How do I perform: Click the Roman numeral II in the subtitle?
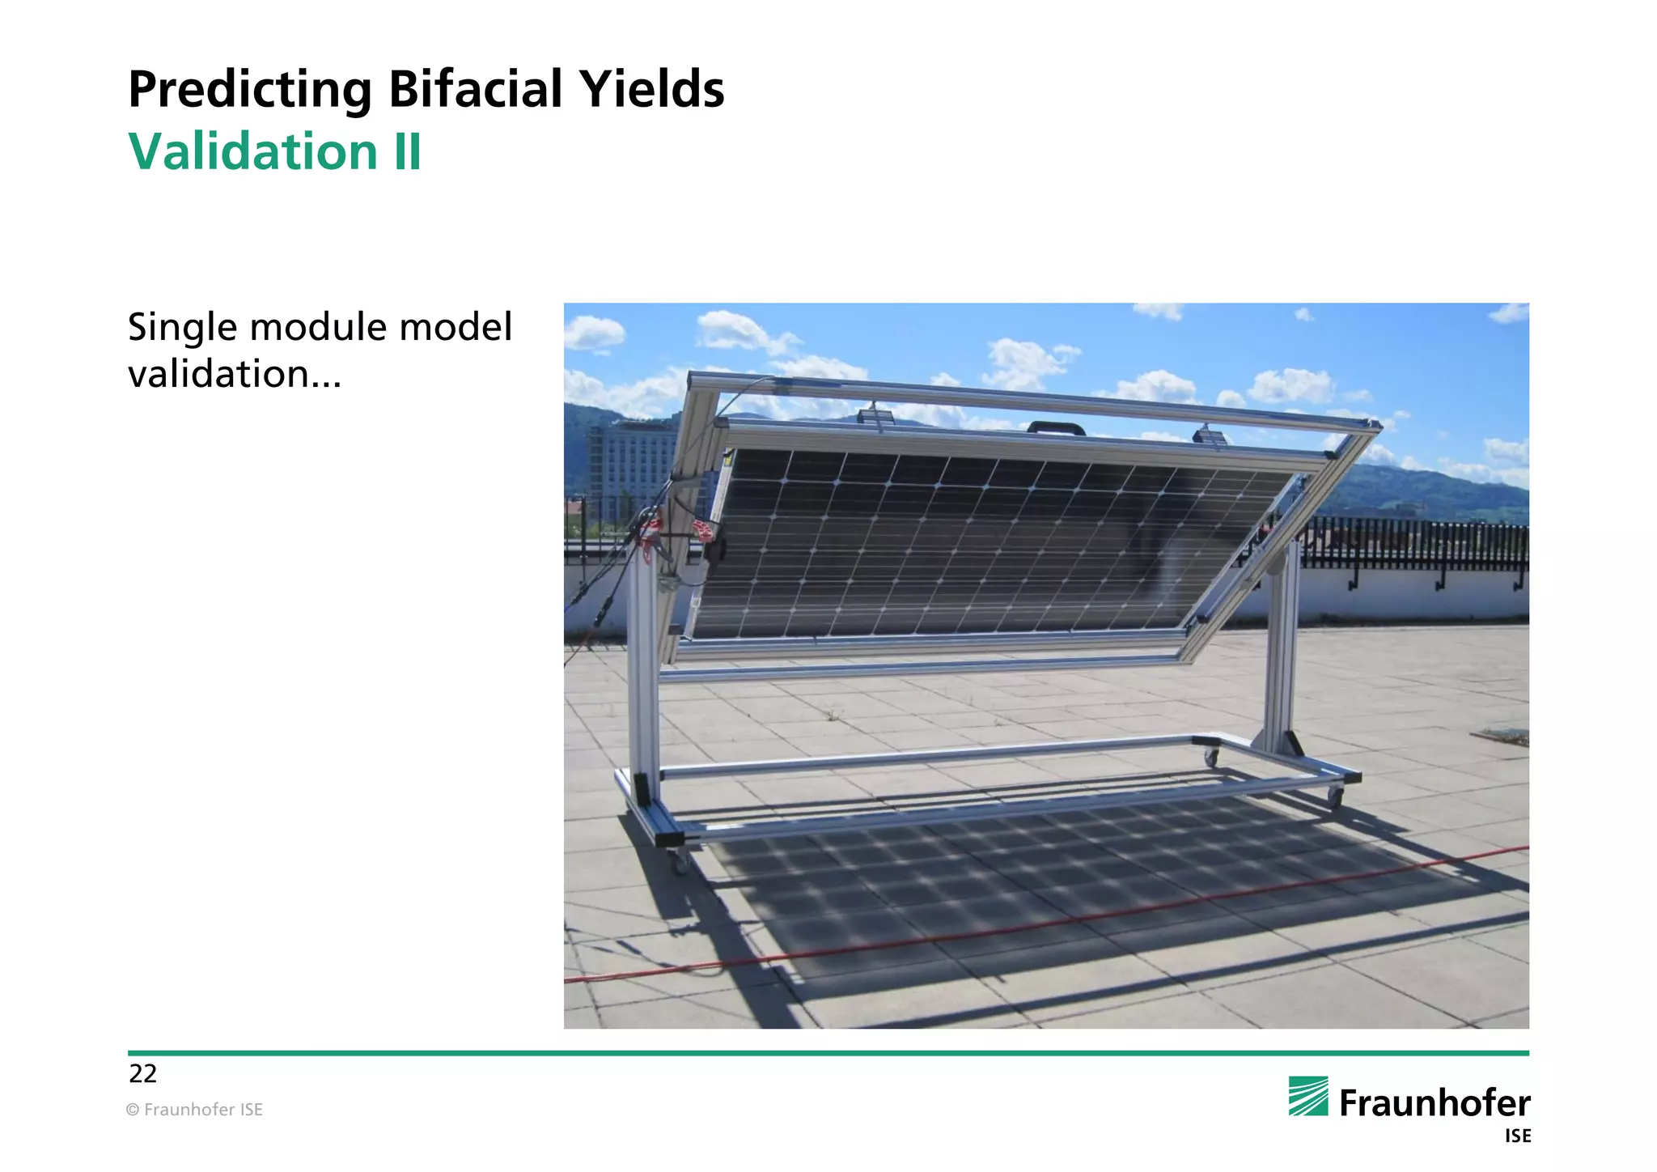pos(407,151)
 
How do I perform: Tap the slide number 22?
pos(142,1074)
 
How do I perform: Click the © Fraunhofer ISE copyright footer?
pos(194,1110)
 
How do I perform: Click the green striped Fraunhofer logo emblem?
pos(1308,1097)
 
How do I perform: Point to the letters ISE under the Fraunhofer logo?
pos(1518,1136)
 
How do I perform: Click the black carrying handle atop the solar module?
pos(1056,427)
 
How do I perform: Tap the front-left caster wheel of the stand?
pos(680,862)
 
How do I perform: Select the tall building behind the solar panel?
pos(627,469)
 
